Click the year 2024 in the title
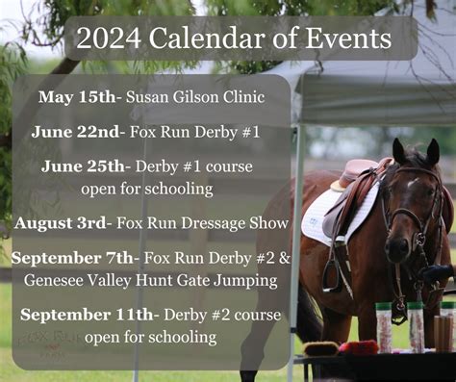pyautogui.click(x=109, y=38)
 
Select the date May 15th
pyautogui.click(x=77, y=97)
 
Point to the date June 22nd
pyautogui.click(x=75, y=132)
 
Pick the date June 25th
pyautogui.click(x=83, y=166)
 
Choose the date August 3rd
pyautogui.click(x=60, y=223)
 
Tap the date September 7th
pyautogui.click(x=72, y=258)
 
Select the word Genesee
pyautogui.click(x=54, y=280)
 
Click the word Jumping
pyautogui.click(x=245, y=281)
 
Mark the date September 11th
pyautogui.click(x=87, y=315)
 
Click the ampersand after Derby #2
pyautogui.click(x=285, y=258)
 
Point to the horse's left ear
pyautogui.click(x=433, y=151)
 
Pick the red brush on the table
pyautogui.click(x=359, y=346)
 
